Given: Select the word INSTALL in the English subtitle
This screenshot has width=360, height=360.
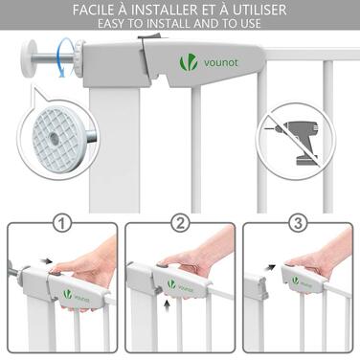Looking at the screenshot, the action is coord(164,23).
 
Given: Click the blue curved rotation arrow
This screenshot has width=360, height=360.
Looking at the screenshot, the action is coord(66,57).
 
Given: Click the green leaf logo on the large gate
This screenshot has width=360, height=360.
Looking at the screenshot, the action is coord(187,62).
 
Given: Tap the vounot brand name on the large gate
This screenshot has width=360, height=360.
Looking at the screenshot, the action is coord(221,62).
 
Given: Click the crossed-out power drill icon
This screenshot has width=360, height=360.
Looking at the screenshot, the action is coord(296,141).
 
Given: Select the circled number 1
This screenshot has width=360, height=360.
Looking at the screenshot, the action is coord(62,223).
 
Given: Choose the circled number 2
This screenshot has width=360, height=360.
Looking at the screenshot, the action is coord(181,223).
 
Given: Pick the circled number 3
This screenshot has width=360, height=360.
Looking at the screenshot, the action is coord(298,223).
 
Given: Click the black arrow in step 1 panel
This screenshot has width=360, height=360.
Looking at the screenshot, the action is coord(47,261).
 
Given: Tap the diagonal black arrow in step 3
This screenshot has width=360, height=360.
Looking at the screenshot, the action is coord(271,266).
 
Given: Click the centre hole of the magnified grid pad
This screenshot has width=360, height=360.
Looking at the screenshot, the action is coord(53,138).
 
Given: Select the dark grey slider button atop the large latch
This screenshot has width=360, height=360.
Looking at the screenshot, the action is coord(152,36).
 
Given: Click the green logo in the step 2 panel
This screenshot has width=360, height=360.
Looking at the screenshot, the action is coord(171,283).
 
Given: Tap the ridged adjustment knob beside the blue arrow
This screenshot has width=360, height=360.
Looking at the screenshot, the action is coord(79,58).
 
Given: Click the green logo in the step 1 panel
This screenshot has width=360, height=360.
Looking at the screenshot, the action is coord(67,294).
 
